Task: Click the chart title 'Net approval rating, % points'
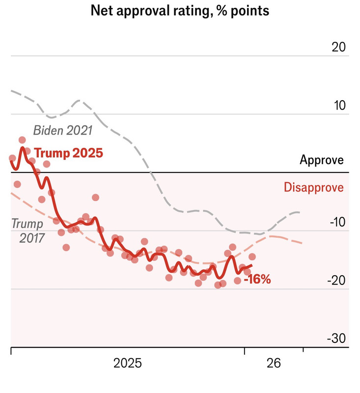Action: point(180,11)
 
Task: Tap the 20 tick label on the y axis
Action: point(339,47)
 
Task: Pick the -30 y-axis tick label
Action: point(336,338)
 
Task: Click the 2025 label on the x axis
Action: point(128,364)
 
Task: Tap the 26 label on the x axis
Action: point(274,364)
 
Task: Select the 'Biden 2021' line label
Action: point(63,131)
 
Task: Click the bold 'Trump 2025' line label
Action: point(69,153)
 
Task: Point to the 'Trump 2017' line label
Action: point(28,230)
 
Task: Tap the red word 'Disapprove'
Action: point(314,188)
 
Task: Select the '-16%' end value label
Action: point(257,281)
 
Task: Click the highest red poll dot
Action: point(22,140)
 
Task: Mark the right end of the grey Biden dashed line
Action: point(300,212)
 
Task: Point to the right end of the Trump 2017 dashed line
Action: point(302,243)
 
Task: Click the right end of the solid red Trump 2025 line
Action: point(252,265)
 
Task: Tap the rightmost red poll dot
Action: point(252,256)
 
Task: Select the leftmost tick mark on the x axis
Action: point(11,350)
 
